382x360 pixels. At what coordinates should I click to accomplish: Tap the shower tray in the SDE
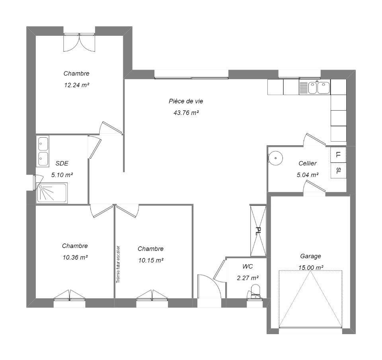click(52, 193)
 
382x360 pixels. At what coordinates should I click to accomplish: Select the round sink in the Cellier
click(275, 158)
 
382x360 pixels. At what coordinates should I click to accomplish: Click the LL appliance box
click(338, 154)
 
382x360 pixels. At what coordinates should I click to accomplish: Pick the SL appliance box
click(338, 171)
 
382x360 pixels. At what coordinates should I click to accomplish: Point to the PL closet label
click(258, 231)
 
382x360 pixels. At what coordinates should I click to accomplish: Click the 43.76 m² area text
click(186, 113)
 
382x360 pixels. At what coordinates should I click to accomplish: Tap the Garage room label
click(310, 256)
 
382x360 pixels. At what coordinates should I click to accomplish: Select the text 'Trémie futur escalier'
click(118, 264)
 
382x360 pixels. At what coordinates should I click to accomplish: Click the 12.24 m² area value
click(76, 85)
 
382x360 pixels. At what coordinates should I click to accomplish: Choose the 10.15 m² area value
click(151, 261)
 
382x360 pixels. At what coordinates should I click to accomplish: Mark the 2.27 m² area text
click(248, 278)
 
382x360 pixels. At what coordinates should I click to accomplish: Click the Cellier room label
click(308, 163)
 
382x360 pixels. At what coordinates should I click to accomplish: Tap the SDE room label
click(62, 163)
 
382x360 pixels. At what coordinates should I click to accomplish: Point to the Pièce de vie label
click(186, 101)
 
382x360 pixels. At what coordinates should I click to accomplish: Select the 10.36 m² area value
click(75, 257)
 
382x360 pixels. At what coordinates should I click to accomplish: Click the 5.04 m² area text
click(308, 175)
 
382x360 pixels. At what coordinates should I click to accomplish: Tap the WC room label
click(248, 267)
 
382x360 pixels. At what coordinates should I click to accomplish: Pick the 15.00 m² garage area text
click(311, 268)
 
